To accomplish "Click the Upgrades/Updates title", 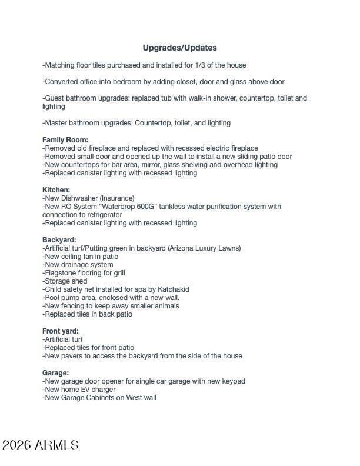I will [x=179, y=48].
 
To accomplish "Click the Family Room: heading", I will [x=65, y=140].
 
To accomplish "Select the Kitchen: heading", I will [x=56, y=190].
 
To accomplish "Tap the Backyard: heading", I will [x=59, y=240].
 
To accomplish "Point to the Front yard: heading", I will [x=60, y=331].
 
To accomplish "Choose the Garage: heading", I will [x=55, y=373].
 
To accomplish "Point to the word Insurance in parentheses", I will [x=117, y=198].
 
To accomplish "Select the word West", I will [x=132, y=398].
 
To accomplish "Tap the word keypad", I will [x=234, y=381].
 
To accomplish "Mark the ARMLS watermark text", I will [x=56, y=445].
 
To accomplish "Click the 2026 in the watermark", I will [x=16, y=445].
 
